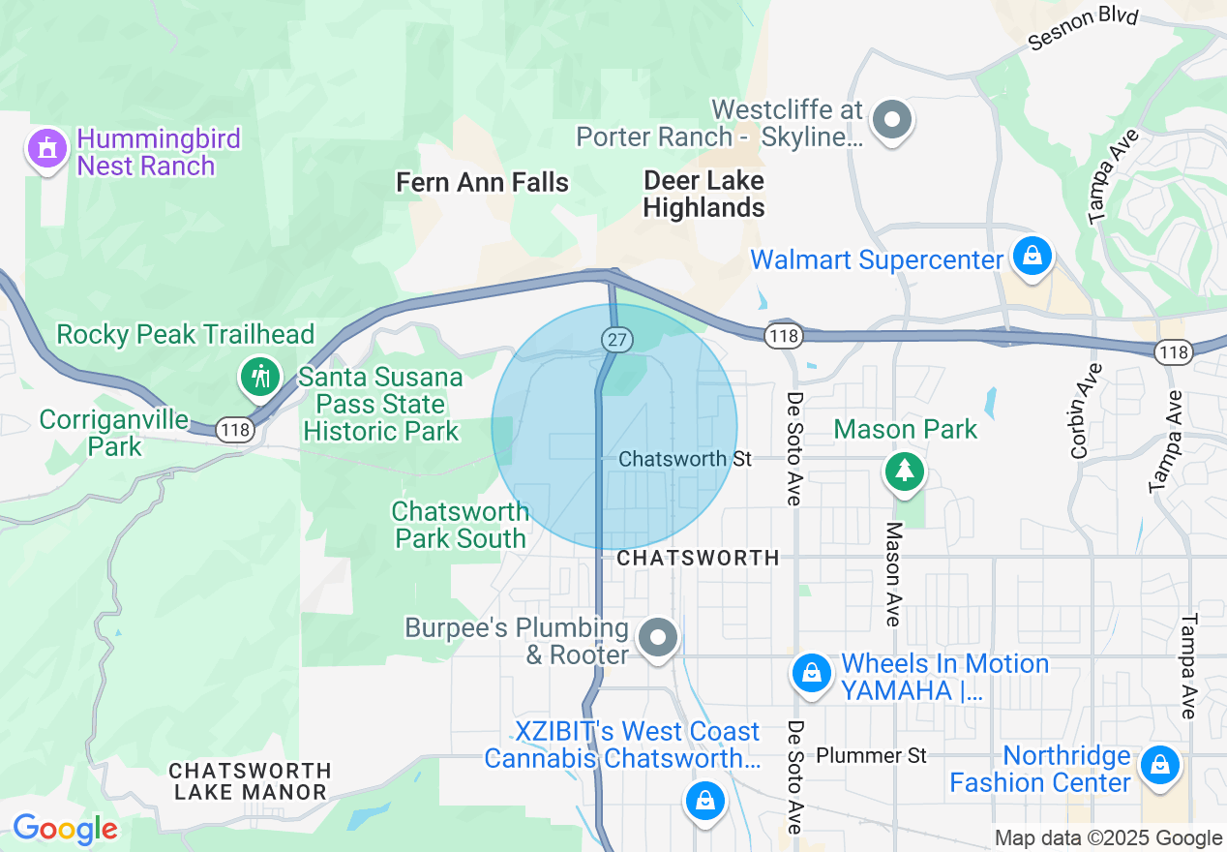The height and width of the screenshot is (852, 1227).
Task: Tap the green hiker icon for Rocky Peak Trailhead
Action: [260, 376]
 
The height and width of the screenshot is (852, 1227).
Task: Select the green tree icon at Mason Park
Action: [905, 472]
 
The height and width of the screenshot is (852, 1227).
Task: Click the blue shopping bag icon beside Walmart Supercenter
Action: [1032, 257]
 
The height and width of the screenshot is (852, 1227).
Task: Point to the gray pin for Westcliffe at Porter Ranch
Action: [891, 122]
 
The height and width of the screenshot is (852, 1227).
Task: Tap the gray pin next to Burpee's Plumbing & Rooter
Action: [659, 639]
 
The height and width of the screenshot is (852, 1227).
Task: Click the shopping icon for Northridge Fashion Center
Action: [1159, 766]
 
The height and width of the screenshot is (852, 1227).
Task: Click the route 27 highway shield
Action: [616, 339]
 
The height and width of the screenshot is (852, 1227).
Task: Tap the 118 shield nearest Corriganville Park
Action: [234, 429]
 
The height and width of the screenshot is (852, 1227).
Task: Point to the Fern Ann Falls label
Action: [483, 182]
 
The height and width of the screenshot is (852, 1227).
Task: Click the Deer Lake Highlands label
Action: [703, 194]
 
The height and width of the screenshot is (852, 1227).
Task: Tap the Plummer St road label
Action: [871, 754]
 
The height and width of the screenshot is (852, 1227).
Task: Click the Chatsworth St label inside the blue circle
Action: [685, 458]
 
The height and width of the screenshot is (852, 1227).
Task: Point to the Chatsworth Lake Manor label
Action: [251, 781]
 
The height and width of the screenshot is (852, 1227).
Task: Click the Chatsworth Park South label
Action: [461, 525]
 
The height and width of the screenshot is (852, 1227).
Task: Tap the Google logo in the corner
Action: [65, 829]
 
